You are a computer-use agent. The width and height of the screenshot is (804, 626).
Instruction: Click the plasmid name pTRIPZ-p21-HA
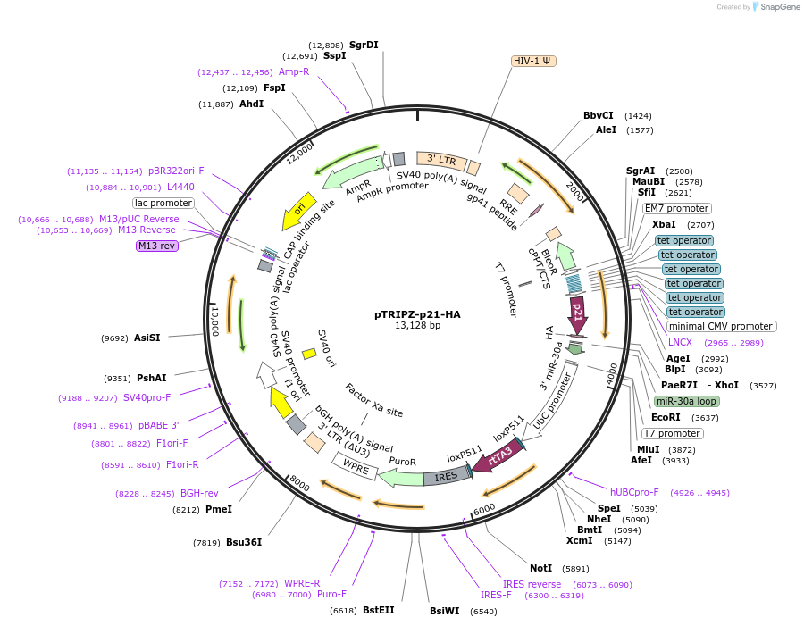[x=417, y=314]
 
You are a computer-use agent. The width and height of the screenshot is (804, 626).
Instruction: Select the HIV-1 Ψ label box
[x=533, y=61]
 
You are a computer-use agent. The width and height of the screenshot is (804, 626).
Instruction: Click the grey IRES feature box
[x=446, y=476]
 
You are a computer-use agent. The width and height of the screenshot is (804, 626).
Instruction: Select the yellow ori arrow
[x=300, y=209]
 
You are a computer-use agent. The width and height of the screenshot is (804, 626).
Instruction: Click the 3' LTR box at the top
[x=441, y=161]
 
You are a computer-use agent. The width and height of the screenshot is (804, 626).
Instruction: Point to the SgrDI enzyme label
[x=364, y=45]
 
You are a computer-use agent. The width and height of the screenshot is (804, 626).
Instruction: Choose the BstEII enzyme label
[x=378, y=611]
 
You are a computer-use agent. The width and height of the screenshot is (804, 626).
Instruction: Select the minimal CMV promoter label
[x=721, y=326]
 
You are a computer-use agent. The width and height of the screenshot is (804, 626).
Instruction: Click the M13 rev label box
[x=157, y=246]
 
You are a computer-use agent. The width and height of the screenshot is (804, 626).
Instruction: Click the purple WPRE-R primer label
[x=302, y=584]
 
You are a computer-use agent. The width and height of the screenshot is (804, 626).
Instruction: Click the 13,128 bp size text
[x=417, y=326]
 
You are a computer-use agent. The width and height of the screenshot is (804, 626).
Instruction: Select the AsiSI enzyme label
[x=147, y=338]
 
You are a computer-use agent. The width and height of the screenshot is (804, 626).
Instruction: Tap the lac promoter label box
[x=163, y=203]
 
